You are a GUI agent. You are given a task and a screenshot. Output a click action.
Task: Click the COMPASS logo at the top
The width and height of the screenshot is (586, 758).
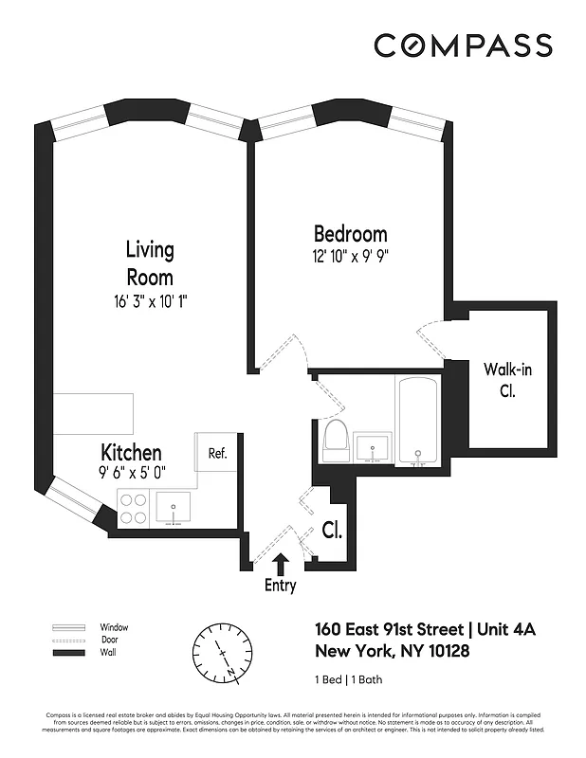pos(463,45)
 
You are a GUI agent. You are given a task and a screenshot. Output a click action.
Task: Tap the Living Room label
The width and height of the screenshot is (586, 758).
pos(150,263)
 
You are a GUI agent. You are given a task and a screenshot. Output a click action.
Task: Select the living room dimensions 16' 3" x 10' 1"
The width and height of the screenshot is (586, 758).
pos(150,302)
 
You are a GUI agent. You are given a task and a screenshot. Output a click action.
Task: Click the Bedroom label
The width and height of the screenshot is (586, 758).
pos(350,234)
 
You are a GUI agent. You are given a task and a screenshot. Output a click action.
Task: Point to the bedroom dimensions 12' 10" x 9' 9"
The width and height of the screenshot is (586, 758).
pos(350,256)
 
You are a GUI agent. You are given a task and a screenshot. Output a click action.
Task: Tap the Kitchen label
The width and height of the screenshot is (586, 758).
pos(131,453)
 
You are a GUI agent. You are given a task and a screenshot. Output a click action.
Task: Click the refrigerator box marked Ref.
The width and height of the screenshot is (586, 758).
pos(218,454)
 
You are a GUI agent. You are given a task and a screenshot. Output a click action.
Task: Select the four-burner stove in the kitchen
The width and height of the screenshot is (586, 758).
pos(132,510)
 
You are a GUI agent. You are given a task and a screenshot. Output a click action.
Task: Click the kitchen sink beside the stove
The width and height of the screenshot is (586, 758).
pos(174,509)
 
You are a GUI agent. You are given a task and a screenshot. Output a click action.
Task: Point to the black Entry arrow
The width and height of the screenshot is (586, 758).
pos(280,566)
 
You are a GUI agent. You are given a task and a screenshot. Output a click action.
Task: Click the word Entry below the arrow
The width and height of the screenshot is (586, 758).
pos(280,586)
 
